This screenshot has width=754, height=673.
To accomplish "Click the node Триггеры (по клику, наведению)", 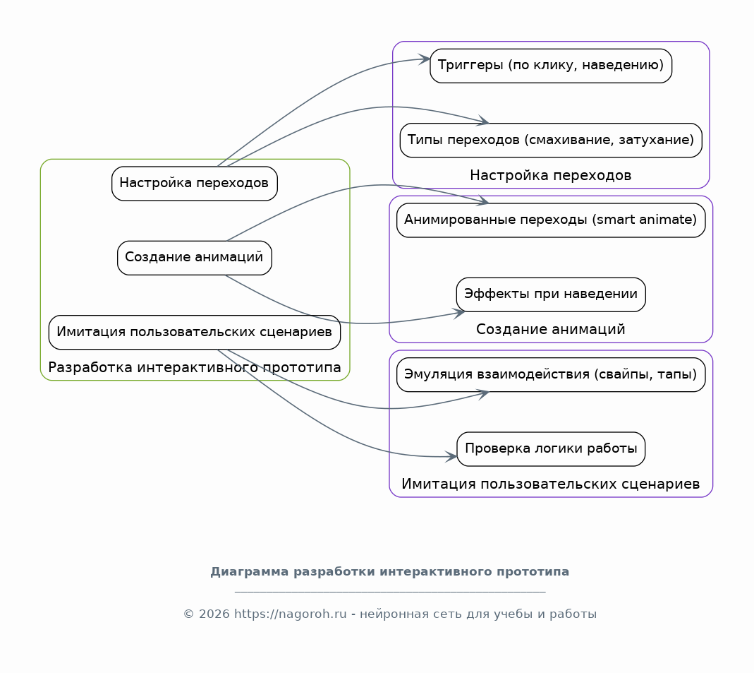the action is click(551, 66).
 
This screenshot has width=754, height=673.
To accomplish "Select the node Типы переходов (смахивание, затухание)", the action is click(551, 140).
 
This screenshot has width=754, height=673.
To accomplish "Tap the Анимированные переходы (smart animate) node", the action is click(551, 220).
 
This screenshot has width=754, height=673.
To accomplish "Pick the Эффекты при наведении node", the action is click(551, 294).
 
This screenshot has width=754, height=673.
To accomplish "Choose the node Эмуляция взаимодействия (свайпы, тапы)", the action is click(551, 374).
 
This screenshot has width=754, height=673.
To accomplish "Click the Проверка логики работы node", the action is click(551, 449).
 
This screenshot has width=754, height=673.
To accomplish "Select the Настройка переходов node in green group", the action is click(194, 184).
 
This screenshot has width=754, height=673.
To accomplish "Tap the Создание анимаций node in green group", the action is click(194, 258).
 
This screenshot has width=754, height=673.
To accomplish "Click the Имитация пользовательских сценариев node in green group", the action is click(194, 332).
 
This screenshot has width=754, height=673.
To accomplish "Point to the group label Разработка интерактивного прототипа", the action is click(194, 367).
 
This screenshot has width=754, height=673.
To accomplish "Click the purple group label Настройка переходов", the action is click(551, 175).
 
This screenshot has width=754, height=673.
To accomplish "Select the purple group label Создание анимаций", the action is click(551, 329).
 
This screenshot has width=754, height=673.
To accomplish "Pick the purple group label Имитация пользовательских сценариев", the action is click(551, 484).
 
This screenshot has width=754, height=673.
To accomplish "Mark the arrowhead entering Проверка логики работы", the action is click(451, 456).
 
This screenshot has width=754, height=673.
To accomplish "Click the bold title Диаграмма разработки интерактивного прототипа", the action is click(389, 572).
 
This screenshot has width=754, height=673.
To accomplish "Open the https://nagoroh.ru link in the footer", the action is click(290, 614).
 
